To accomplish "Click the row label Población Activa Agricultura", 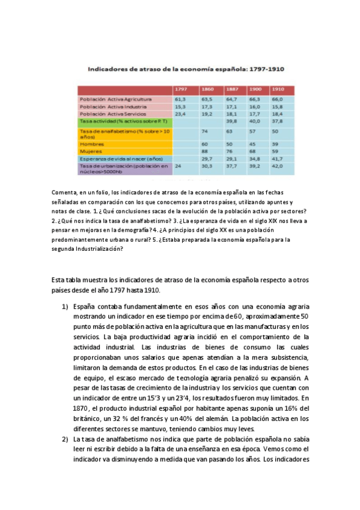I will [x=116, y=99].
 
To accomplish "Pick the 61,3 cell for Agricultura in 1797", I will [x=180, y=99].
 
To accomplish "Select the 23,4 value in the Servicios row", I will [x=180, y=112].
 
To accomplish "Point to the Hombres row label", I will [x=91, y=144].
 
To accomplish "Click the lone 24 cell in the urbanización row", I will [x=178, y=165].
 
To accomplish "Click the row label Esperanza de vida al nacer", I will [x=118, y=159].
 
